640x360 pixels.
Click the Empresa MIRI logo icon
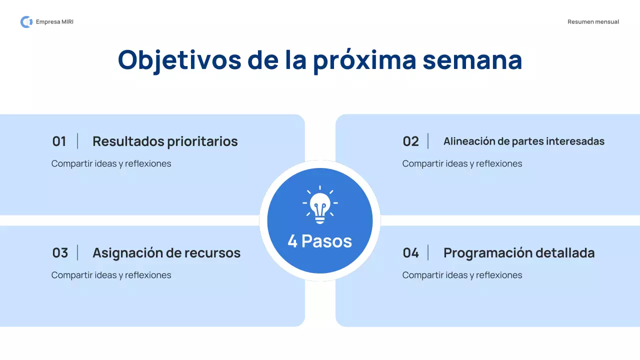point(26,22)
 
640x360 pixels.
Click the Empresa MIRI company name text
point(54,22)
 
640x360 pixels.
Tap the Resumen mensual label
point(593,22)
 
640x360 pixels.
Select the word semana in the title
point(472,60)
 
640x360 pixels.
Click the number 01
point(59,141)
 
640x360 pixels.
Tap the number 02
point(410,141)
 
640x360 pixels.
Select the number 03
point(60,253)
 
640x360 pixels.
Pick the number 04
point(410,253)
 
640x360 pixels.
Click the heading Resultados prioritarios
point(165,141)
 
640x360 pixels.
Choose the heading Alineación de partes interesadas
point(523,141)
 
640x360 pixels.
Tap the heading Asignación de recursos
point(166,253)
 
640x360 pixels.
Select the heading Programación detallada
point(519,253)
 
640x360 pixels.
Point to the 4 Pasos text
point(320,241)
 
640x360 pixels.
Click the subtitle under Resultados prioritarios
point(111,163)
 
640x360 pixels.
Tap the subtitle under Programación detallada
point(462,275)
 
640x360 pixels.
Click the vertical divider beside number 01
point(77,141)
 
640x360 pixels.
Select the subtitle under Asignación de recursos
point(111,275)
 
